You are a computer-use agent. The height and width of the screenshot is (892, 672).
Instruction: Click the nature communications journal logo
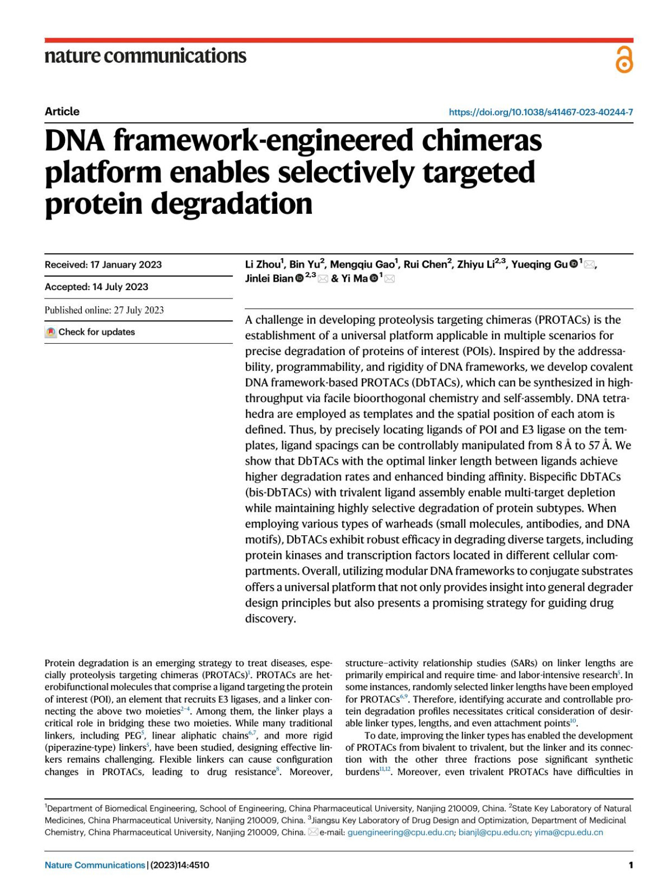pyautogui.click(x=145, y=55)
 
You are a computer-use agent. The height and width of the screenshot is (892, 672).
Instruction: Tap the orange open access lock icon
pyautogui.click(x=624, y=60)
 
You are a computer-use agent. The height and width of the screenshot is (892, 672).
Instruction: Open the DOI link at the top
pyautogui.click(x=540, y=112)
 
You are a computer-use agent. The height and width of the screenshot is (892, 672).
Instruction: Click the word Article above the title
pyautogui.click(x=62, y=111)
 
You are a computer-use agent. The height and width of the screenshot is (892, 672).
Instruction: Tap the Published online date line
pyautogui.click(x=104, y=310)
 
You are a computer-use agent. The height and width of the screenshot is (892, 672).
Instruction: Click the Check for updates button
pyautogui.click(x=91, y=332)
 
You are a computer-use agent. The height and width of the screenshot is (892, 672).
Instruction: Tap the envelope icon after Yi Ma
pyautogui.click(x=389, y=278)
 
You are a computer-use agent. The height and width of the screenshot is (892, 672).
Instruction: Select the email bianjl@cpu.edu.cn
pyautogui.click(x=494, y=832)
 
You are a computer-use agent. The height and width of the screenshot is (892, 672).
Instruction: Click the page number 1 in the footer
pyautogui.click(x=631, y=865)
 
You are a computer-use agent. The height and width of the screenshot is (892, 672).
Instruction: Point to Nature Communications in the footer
pyautogui.click(x=95, y=865)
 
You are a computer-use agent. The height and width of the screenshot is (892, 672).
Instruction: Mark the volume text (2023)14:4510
pyautogui.click(x=180, y=865)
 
